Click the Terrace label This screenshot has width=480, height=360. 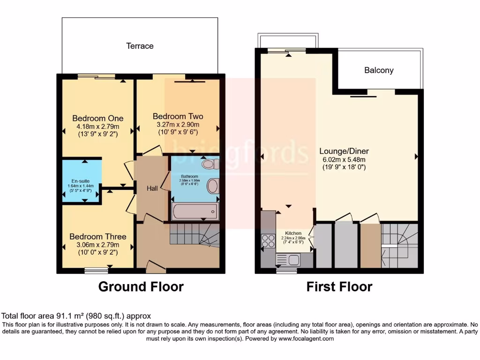click(x=140, y=46)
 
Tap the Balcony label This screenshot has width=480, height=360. click(x=379, y=70)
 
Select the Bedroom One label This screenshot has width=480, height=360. click(x=98, y=118)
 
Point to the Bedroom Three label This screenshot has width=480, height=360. click(x=98, y=237)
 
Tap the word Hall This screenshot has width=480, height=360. click(x=152, y=188)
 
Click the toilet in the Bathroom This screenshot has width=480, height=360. click(x=210, y=165)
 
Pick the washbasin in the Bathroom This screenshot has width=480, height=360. click(x=213, y=186)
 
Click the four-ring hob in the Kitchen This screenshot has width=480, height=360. click(x=268, y=241)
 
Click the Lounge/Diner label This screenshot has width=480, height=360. click(x=344, y=151)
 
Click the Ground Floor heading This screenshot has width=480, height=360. click(x=141, y=286)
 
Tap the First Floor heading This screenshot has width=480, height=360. click(x=339, y=286)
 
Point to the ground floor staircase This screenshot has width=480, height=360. click(x=194, y=234)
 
